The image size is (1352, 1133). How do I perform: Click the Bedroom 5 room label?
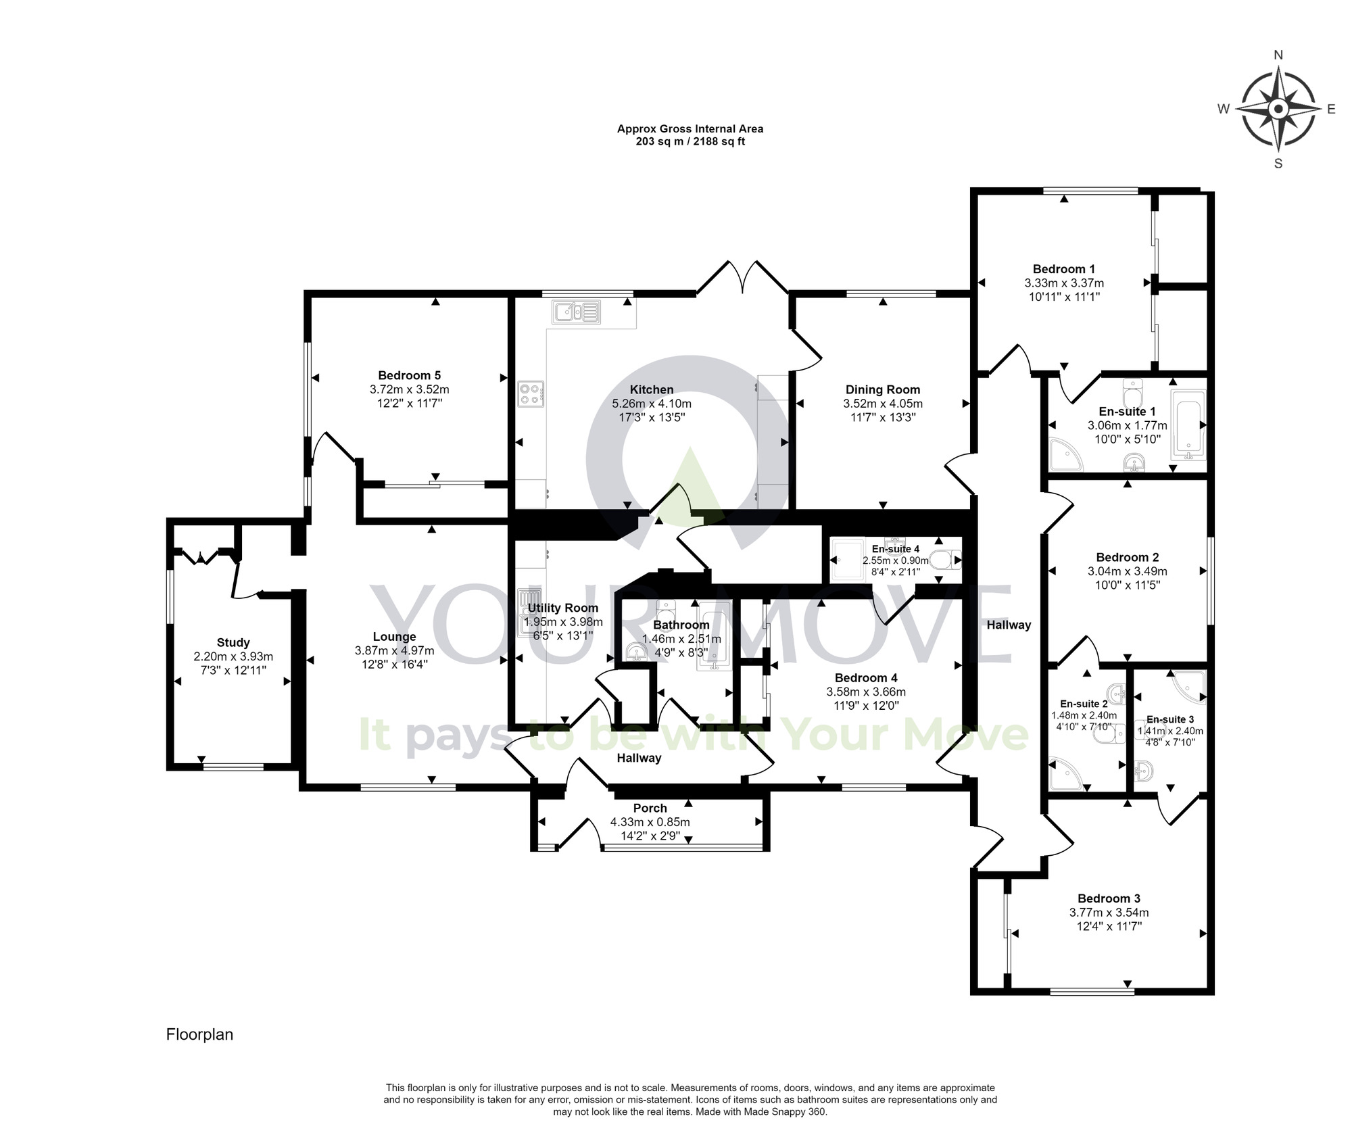tap(409, 375)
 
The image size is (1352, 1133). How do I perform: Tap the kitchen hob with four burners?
tap(531, 394)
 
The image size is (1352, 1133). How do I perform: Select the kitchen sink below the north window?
tap(577, 312)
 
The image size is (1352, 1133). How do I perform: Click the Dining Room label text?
tap(882, 389)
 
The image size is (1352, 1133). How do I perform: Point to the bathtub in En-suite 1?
tap(1188, 425)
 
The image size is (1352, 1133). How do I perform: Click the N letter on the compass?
tap(1278, 55)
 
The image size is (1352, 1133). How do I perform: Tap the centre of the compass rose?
tap(1278, 109)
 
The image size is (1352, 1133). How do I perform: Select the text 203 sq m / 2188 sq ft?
tap(690, 142)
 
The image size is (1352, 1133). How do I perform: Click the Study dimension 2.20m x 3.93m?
tap(233, 656)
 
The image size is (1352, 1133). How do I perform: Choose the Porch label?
tap(650, 808)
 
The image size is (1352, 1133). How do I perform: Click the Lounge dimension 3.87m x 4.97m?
tap(394, 650)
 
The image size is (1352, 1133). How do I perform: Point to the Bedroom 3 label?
tap(1109, 898)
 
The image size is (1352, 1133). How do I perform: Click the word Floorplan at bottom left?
tap(199, 1034)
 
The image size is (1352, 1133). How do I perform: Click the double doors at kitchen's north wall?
tap(742, 277)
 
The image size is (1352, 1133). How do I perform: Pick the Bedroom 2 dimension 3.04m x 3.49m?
tap(1127, 571)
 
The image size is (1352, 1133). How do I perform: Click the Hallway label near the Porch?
tap(638, 758)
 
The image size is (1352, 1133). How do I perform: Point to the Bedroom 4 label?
tap(865, 678)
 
